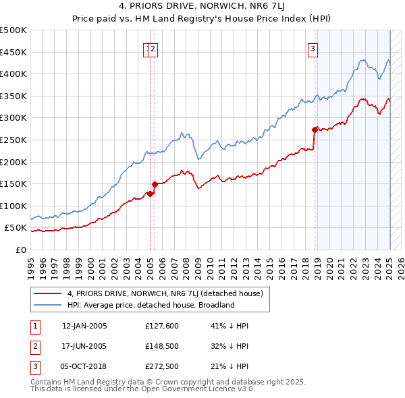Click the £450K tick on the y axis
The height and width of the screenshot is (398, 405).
[13, 52]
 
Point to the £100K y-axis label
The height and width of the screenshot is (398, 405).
[13, 206]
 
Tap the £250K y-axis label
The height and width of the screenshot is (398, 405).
[13, 140]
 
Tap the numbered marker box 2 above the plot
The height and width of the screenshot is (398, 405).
[154, 48]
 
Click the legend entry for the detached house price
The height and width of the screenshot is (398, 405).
[169, 293]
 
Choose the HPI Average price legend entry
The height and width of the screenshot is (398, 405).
[150, 305]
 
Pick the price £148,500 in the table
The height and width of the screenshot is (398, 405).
[161, 347]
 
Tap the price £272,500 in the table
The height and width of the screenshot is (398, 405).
[161, 368]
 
